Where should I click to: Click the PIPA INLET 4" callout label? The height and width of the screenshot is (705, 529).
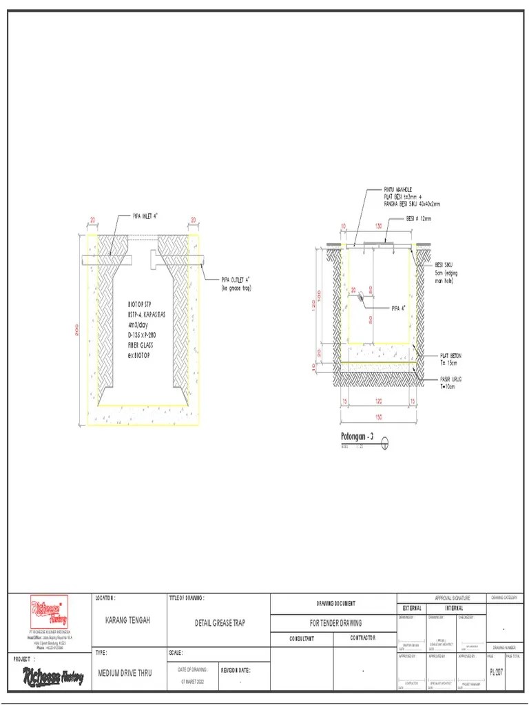pyautogui.click(x=146, y=215)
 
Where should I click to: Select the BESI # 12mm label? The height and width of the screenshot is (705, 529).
pyautogui.click(x=418, y=219)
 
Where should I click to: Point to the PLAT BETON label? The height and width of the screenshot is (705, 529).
pyautogui.click(x=450, y=356)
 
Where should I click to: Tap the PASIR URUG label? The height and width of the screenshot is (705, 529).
pyautogui.click(x=450, y=378)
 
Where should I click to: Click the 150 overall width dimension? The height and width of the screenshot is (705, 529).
pyautogui.click(x=378, y=417)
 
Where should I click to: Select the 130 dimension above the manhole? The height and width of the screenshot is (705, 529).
pyautogui.click(x=377, y=226)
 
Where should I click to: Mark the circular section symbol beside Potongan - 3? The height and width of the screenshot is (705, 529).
pyautogui.click(x=385, y=443)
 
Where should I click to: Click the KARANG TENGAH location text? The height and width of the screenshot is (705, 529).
pyautogui.click(x=127, y=621)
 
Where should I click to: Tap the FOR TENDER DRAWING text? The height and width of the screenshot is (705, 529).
pyautogui.click(x=335, y=623)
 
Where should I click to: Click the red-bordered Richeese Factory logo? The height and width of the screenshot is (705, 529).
pyautogui.click(x=48, y=611)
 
